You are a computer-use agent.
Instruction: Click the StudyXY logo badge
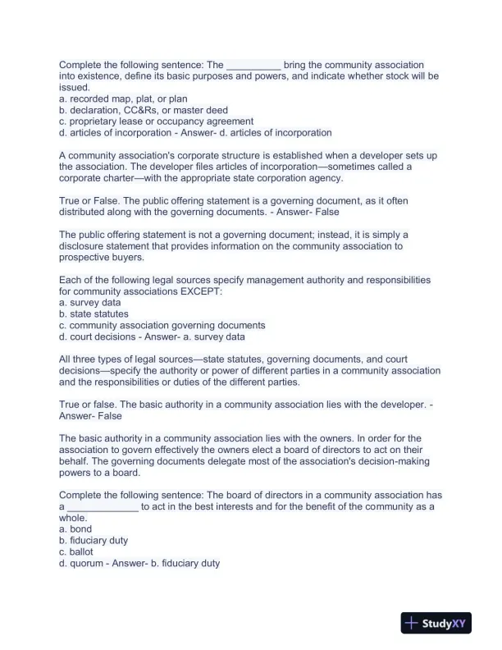coord(434,624)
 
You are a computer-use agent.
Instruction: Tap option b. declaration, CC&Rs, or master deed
coord(144,110)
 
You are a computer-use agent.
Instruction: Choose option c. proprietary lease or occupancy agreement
coord(156,121)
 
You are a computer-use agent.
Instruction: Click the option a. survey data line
coord(90,302)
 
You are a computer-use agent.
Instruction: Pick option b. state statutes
coord(94,314)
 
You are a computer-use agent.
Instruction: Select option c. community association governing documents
coord(162,325)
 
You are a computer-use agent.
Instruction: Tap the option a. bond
coord(75,529)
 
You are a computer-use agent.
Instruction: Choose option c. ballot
coord(76,552)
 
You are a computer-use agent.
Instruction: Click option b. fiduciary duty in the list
coord(94,541)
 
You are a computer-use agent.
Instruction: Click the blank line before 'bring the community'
coord(253,65)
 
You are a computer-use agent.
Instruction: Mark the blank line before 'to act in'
coord(103,507)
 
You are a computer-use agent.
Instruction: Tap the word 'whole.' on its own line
coord(73,518)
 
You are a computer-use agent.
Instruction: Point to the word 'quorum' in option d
coord(89,564)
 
